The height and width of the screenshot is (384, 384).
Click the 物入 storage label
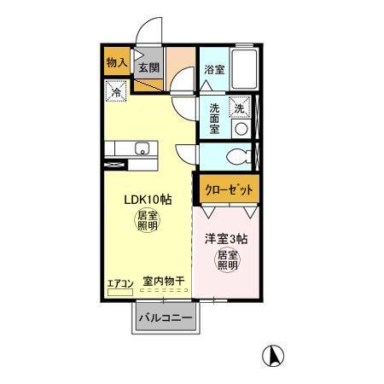click(117, 62)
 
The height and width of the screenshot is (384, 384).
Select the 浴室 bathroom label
click(213, 70)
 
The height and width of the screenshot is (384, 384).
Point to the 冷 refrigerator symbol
click(116, 89)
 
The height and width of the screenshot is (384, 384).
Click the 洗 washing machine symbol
click(240, 108)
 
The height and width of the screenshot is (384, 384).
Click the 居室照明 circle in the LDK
click(147, 222)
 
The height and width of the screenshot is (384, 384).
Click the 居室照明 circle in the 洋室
click(227, 260)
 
